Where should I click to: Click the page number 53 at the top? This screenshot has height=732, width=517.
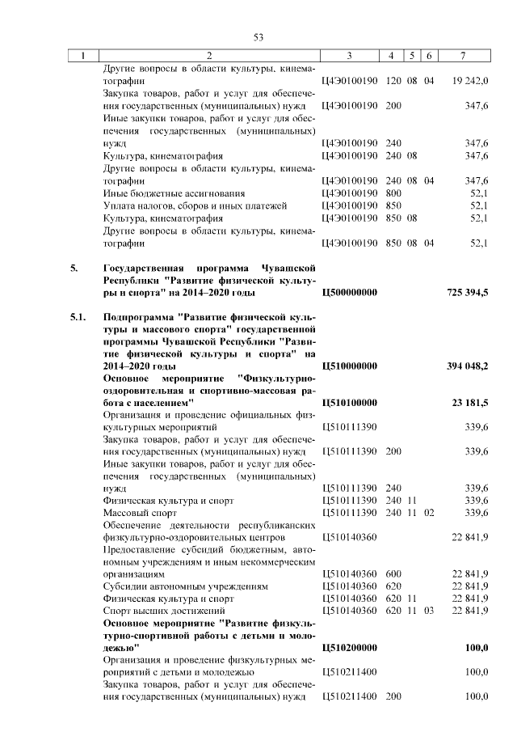click(258, 37)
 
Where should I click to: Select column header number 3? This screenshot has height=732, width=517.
click(349, 55)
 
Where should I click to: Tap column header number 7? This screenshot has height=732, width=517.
click(462, 55)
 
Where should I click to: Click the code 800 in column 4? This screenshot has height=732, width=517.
click(393, 193)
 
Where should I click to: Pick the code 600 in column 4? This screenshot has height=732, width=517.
click(393, 573)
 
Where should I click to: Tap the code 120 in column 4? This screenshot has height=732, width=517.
click(393, 82)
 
